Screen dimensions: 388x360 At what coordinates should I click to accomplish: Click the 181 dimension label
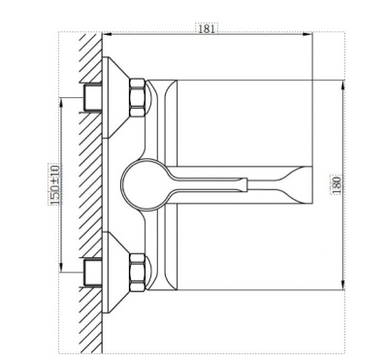coord(207,28)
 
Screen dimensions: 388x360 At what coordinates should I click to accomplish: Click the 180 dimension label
coord(337,184)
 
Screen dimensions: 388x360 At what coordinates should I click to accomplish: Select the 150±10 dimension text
coord(55,184)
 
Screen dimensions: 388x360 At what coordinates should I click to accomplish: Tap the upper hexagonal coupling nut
coord(137,97)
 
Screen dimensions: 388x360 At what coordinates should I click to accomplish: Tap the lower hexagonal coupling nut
coord(137,273)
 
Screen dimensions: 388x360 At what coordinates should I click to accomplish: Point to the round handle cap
coord(142,184)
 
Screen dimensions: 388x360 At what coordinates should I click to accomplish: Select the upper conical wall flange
coord(115,97)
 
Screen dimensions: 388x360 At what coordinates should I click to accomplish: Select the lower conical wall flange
coord(115,273)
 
